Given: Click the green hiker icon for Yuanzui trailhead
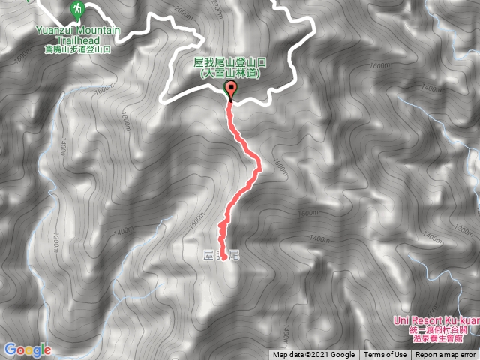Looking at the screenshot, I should pos(77,9).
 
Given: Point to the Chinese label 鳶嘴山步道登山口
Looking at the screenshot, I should pos(78,49).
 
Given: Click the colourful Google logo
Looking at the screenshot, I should pos(27,349).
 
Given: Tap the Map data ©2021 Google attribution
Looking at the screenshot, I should pos(313,355).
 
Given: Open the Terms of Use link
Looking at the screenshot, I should pos(385,355).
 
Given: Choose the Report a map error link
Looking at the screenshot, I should pos(445,355).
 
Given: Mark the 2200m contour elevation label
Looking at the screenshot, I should pos(217,10).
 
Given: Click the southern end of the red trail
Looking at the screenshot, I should pos(223,259).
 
